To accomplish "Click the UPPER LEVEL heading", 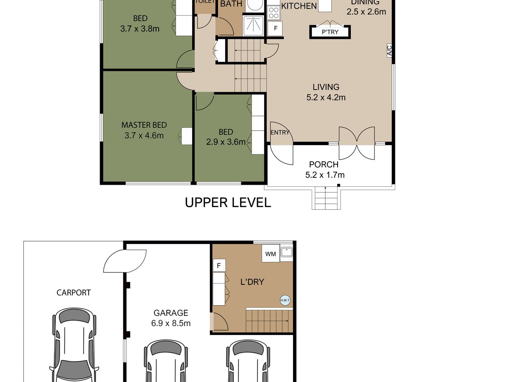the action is click(228, 202).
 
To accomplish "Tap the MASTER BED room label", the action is click(144, 125).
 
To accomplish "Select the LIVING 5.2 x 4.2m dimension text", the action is click(326, 98).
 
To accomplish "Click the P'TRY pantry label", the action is click(330, 32).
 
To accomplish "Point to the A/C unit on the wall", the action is click(389, 51).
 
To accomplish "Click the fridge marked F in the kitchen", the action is click(275, 28).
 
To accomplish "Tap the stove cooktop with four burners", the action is click(274, 13).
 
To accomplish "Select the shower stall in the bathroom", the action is click(253, 26).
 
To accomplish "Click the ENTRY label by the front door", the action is click(280, 132).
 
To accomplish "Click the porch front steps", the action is click(326, 198).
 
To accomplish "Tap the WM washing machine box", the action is click(271, 253).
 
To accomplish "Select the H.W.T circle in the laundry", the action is click(285, 300).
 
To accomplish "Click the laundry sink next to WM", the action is click(287, 252).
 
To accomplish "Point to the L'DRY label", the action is click(252, 282).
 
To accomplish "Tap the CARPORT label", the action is click(73, 293).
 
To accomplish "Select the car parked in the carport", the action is click(74, 345).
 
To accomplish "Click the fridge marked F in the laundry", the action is click(219, 265).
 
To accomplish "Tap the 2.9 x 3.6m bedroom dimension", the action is click(226, 142).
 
